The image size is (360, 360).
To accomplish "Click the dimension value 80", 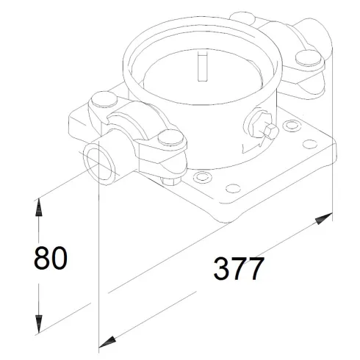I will coord(51,258).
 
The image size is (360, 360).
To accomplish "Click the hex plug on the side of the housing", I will coord(269,131).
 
